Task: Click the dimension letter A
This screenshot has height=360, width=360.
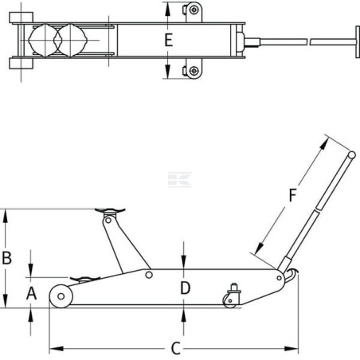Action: point(31,294)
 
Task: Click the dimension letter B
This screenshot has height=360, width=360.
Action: point(7,258)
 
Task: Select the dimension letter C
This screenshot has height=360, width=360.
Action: point(176,348)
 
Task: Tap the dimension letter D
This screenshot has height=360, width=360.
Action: point(186,288)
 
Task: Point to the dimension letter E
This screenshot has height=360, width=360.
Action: point(169,40)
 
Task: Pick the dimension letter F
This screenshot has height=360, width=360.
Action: point(292,195)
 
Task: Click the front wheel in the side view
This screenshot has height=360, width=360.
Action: point(61,296)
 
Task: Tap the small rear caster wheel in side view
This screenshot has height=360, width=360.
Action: point(230,301)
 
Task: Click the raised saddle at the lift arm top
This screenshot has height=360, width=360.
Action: point(110,211)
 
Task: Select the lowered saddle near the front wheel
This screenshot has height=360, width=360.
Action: point(84,279)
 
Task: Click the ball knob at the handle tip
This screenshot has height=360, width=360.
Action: point(352,155)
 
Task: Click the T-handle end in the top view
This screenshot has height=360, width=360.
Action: point(358,41)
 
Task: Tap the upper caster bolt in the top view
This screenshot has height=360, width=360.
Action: point(194,10)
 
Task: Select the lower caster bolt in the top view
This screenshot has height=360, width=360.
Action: point(194,71)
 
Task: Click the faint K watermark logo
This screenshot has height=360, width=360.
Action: point(180,180)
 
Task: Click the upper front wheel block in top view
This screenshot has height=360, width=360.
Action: point(22,18)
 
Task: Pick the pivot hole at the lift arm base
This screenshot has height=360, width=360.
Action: point(149,275)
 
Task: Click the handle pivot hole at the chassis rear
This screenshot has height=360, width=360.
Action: point(279,278)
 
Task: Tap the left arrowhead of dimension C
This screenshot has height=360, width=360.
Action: point(57,348)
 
